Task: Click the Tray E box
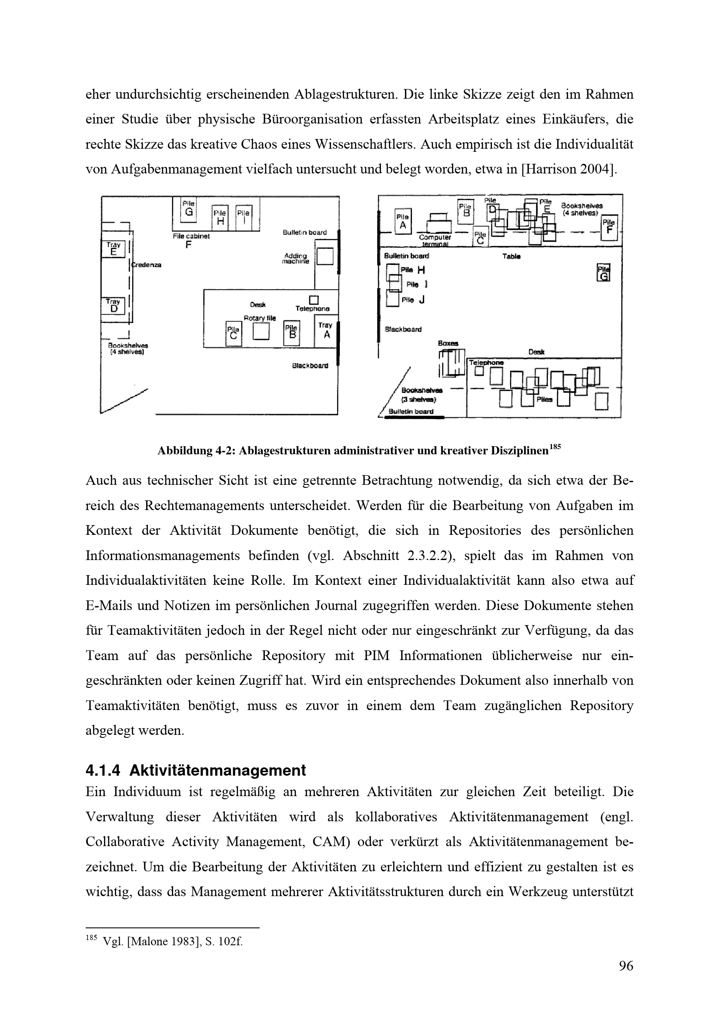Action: coord(114,249)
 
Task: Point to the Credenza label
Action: coord(146,265)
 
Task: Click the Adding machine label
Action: coord(295,259)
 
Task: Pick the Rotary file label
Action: coord(260,318)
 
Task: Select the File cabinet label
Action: coord(191,237)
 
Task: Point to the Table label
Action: coord(512,256)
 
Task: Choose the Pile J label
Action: coord(413,300)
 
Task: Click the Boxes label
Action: coord(448,343)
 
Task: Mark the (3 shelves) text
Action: coord(418,400)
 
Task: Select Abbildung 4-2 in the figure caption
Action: coord(197,451)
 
